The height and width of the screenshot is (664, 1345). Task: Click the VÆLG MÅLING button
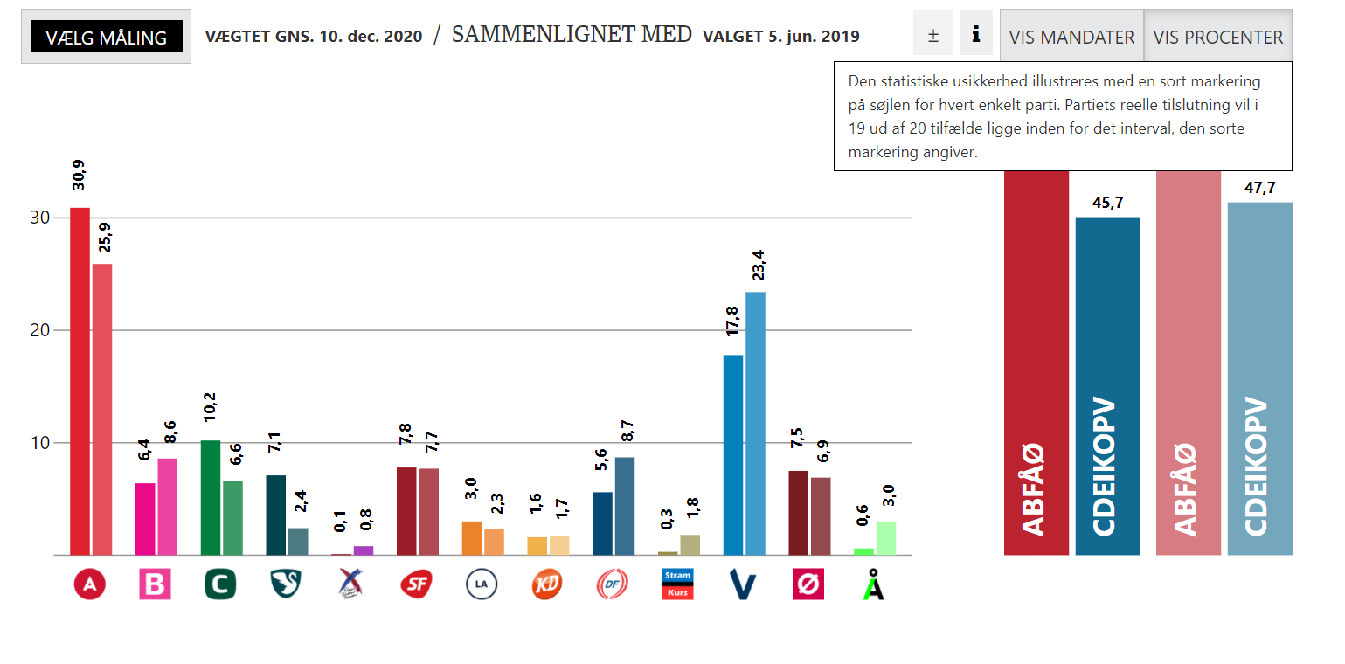(x=106, y=37)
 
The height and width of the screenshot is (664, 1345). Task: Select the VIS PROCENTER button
(x=1217, y=37)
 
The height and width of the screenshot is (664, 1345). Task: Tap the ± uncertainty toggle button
(x=932, y=35)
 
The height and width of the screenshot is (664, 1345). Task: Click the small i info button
(x=975, y=35)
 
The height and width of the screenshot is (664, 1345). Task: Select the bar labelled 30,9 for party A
(x=80, y=381)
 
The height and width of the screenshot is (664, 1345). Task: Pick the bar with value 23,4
(x=755, y=424)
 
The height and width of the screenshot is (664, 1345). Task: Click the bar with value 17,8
(x=733, y=454)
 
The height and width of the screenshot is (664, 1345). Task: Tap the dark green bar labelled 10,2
(x=211, y=497)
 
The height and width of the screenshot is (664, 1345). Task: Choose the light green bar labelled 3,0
(x=886, y=538)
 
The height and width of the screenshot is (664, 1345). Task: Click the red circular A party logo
(x=89, y=584)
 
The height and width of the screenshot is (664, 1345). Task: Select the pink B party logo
(x=155, y=584)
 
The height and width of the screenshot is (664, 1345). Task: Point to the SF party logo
(x=416, y=584)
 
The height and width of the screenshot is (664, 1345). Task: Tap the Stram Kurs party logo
(x=677, y=584)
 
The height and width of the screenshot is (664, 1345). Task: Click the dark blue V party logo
(x=743, y=584)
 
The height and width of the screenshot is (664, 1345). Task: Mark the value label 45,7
(x=1107, y=203)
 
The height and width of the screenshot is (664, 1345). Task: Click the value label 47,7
(x=1259, y=188)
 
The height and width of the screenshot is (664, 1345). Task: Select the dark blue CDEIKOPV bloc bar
(x=1107, y=385)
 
